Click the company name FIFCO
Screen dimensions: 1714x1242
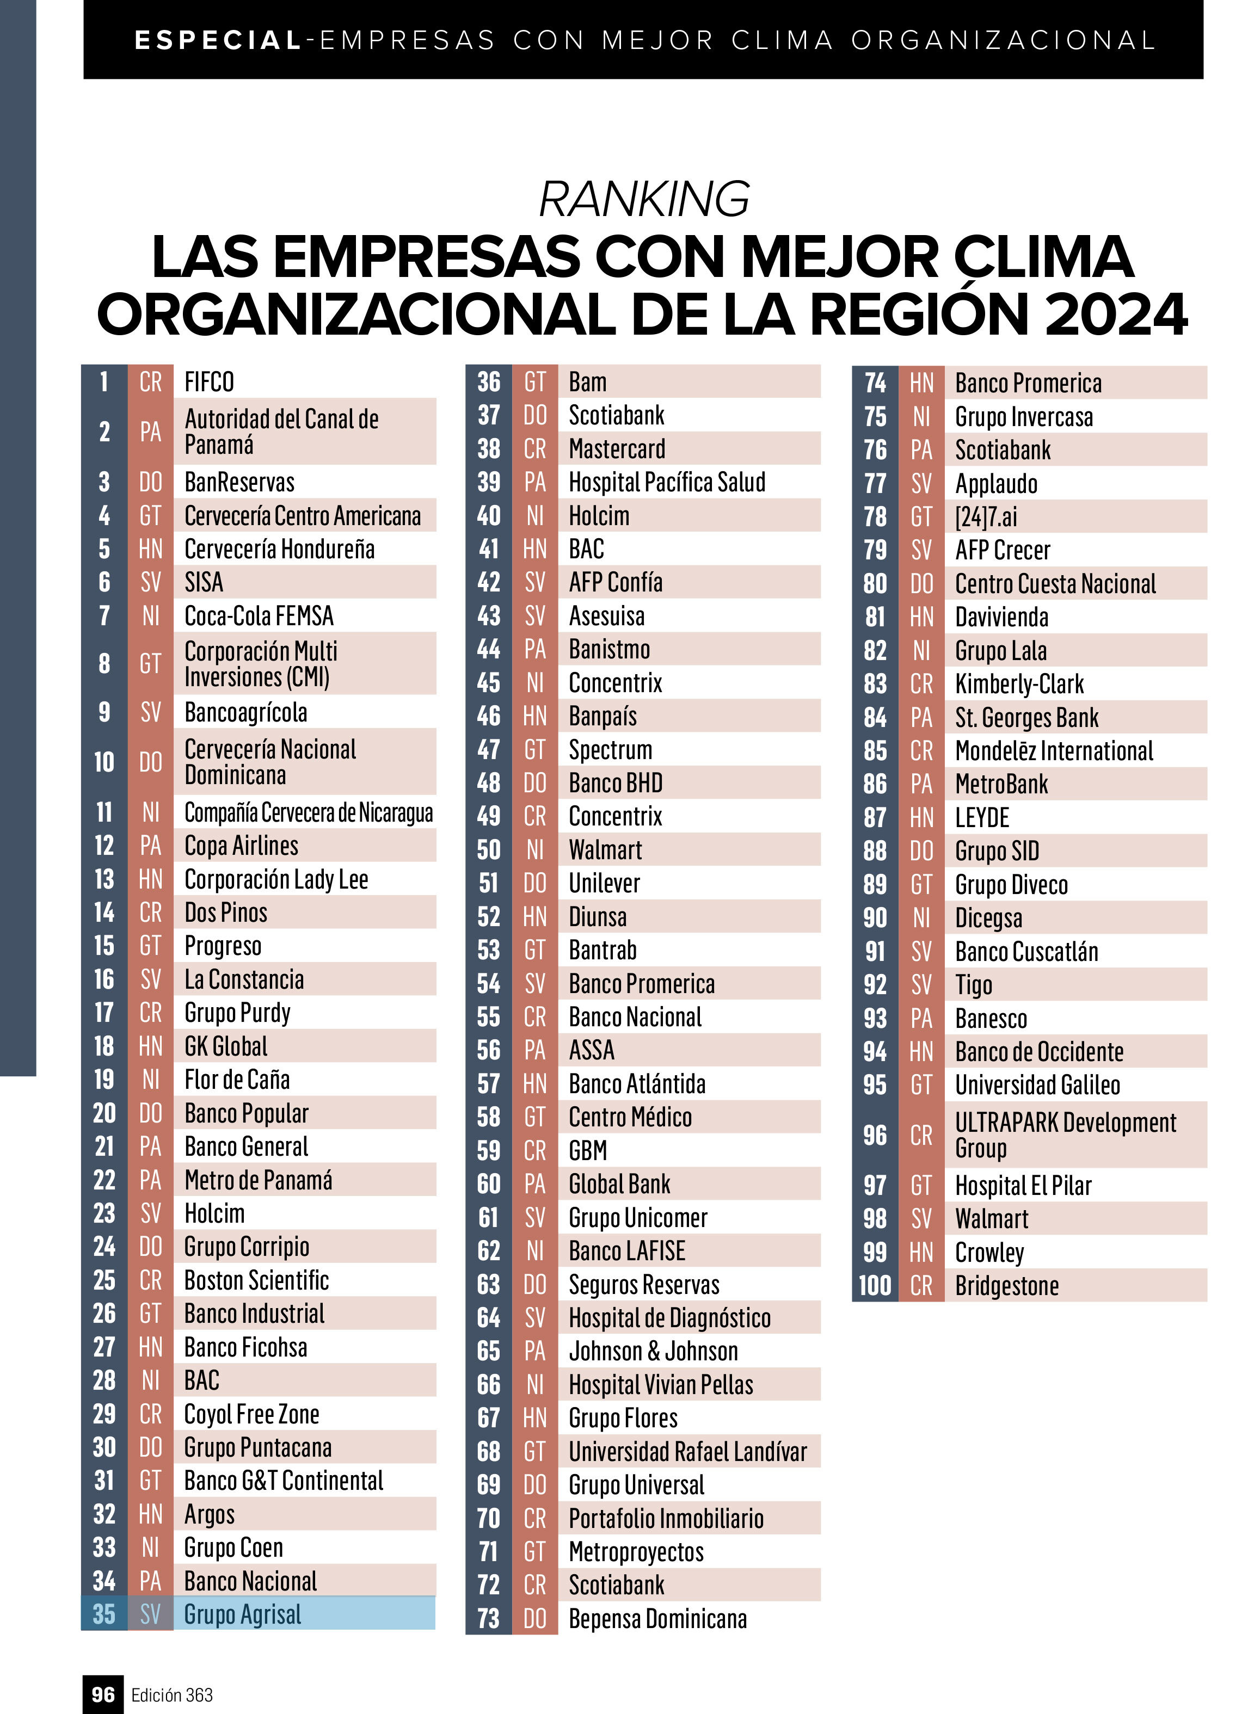(x=208, y=381)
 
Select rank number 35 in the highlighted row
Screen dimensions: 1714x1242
(x=104, y=1613)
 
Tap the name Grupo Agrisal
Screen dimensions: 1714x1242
(x=242, y=1613)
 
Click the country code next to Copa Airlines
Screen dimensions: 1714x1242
(x=150, y=846)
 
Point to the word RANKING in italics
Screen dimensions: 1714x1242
(x=644, y=199)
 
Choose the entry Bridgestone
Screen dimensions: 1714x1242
(x=1006, y=1285)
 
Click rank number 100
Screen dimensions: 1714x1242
(x=875, y=1285)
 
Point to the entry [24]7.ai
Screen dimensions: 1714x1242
(x=986, y=517)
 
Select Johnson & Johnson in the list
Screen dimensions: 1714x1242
(x=653, y=1351)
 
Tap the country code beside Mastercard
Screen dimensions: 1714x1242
(x=534, y=449)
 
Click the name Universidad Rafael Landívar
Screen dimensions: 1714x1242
(x=687, y=1451)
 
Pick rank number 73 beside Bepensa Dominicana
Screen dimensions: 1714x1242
(x=488, y=1618)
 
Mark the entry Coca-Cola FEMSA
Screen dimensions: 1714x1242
(x=259, y=616)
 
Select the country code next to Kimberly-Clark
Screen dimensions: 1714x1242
(x=921, y=684)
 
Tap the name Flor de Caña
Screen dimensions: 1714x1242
(x=237, y=1079)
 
